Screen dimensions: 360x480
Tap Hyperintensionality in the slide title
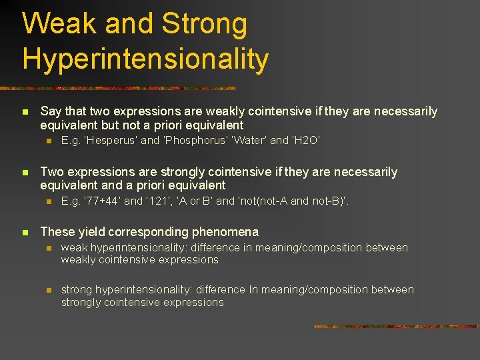click(x=145, y=59)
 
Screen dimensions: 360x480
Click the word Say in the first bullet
click(x=51, y=111)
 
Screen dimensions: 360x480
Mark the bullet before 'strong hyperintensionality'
click(x=48, y=290)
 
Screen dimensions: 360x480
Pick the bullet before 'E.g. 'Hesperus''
click(x=48, y=141)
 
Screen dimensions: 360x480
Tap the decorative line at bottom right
click(x=396, y=327)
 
